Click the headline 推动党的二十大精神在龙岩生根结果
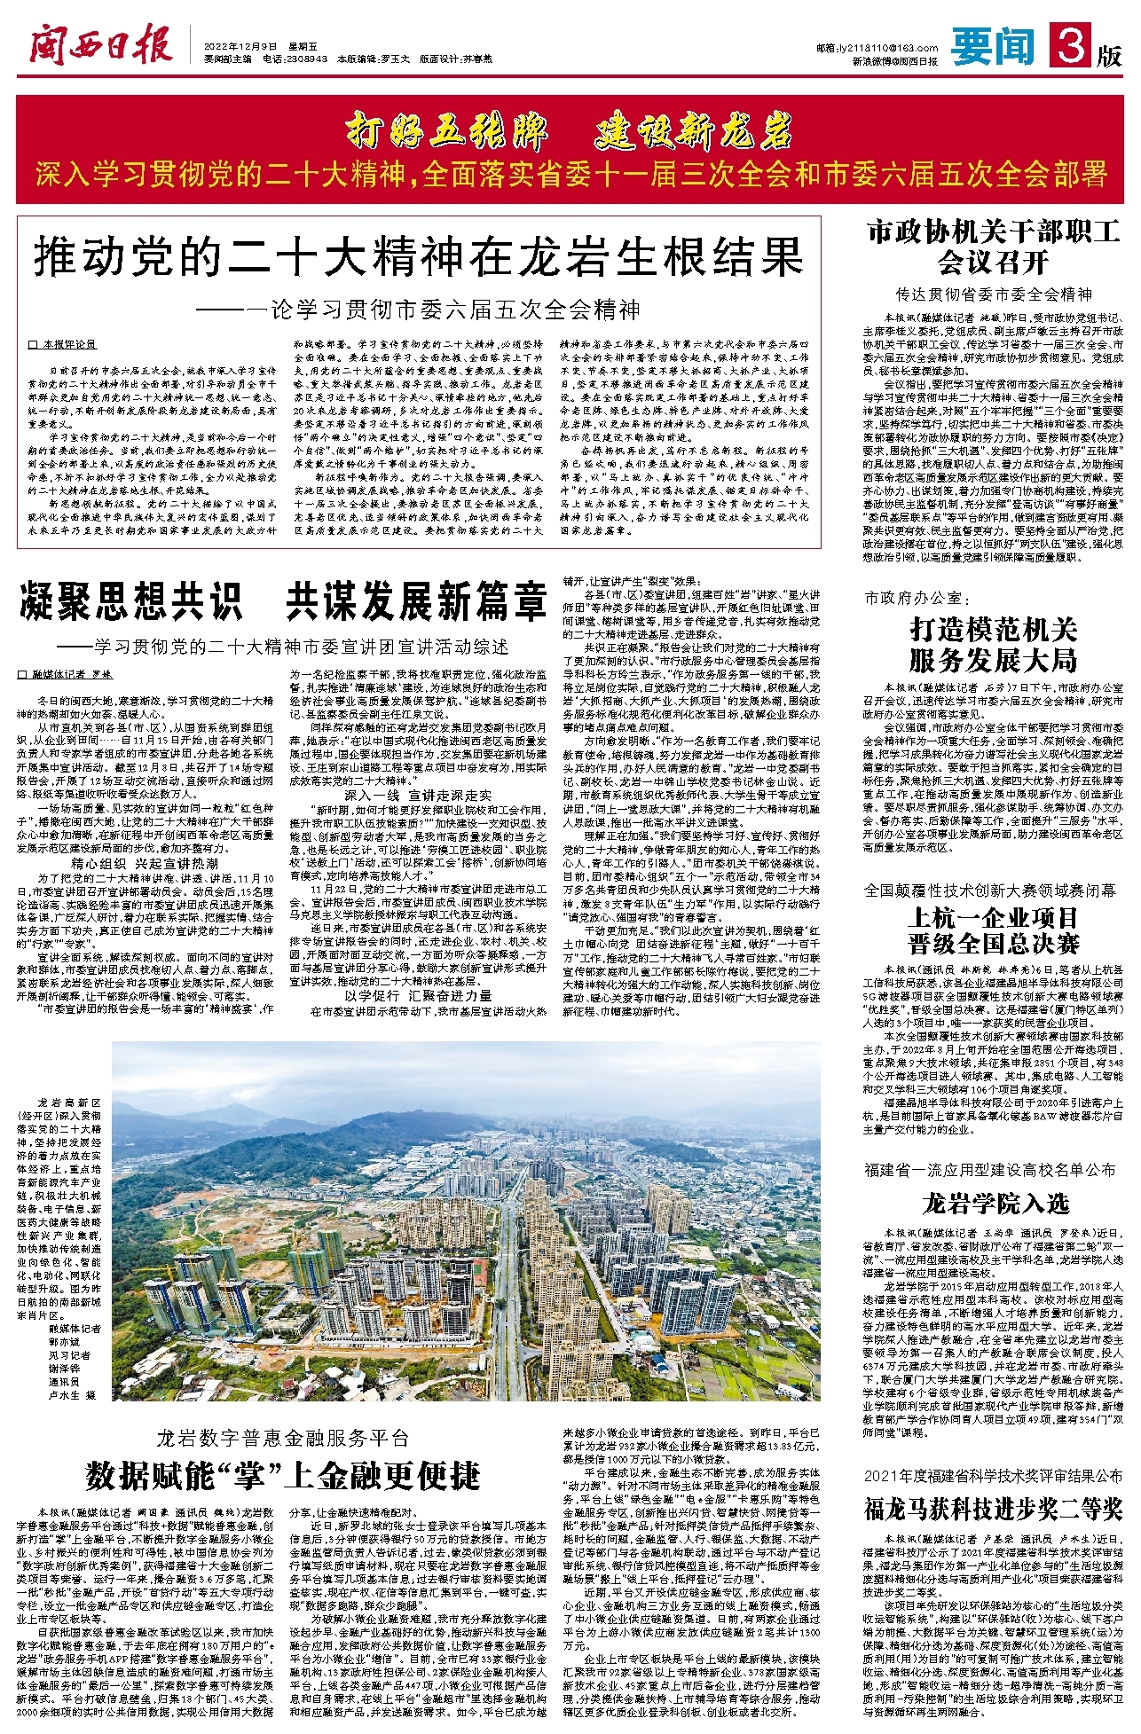click(418, 257)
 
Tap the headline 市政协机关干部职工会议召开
click(993, 247)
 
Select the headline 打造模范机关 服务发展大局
click(993, 645)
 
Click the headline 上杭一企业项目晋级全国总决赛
click(993, 930)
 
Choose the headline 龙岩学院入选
click(994, 1204)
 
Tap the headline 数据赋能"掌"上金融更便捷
click(283, 1477)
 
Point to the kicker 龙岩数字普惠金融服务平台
click(283, 1438)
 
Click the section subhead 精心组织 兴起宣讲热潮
click(145, 862)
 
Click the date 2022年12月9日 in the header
click(241, 46)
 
